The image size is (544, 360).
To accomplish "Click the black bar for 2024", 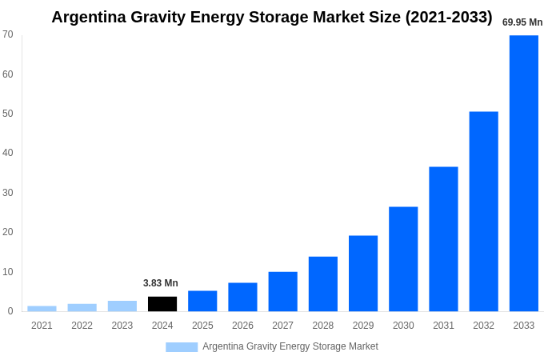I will point(162,304).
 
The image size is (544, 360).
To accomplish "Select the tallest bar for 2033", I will point(523,173).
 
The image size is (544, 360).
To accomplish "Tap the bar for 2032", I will point(483,211).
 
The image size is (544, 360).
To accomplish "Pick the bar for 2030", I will point(403,259).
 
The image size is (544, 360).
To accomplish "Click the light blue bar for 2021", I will point(42,309).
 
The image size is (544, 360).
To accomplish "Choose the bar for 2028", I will point(323,284).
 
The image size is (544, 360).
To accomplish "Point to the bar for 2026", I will point(242,297).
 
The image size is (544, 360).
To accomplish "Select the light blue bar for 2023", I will point(122,306).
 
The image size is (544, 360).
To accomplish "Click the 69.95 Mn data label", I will point(522,22).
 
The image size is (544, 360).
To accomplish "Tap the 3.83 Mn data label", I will point(161,283).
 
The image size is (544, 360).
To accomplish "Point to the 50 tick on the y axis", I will point(8,114).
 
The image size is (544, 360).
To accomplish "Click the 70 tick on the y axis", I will point(8,34).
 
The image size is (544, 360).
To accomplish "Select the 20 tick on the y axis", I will point(8,232).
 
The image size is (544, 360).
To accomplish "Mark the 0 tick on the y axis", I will point(10,311).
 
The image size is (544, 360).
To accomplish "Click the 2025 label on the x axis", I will point(202,326).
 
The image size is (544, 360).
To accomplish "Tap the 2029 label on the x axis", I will point(363,326).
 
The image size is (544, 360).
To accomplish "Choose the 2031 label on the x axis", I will point(443,326).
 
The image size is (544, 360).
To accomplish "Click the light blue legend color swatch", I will point(182,347).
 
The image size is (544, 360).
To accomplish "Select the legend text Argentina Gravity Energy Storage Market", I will point(290,346).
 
